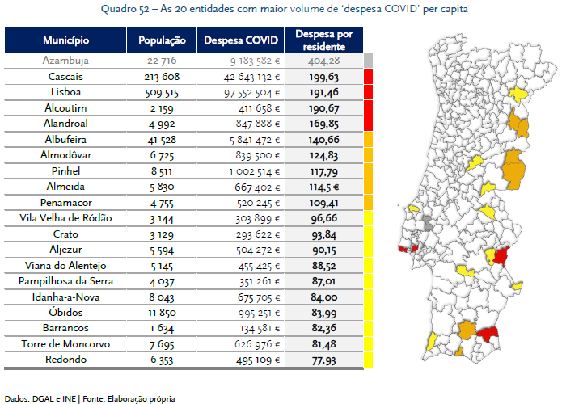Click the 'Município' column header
[x=65, y=40]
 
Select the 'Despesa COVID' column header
[x=241, y=40]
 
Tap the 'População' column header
[x=162, y=40]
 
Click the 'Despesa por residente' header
[x=324, y=40]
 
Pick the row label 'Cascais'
[x=65, y=77]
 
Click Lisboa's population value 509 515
[x=162, y=93]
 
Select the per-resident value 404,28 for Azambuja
[x=324, y=61]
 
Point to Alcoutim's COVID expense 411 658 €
[x=259, y=108]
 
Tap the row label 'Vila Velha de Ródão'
[x=65, y=218]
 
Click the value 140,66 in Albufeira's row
[x=324, y=140]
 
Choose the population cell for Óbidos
[x=162, y=313]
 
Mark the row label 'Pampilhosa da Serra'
[x=65, y=281]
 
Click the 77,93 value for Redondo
[x=324, y=360]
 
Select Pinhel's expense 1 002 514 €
[x=255, y=171]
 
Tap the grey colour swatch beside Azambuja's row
[x=368, y=61]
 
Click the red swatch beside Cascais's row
[x=368, y=76]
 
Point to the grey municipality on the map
[x=429, y=223]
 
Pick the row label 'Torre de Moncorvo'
[x=65, y=344]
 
